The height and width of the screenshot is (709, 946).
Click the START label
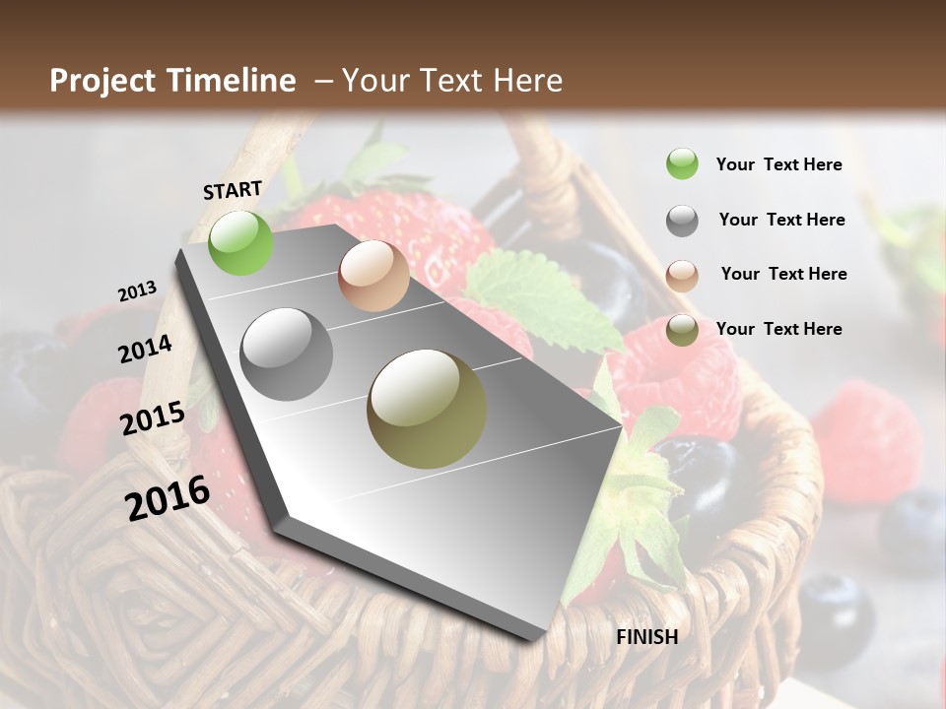click(x=233, y=190)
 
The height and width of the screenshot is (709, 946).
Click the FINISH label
click(x=646, y=637)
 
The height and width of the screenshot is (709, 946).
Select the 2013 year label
click(x=137, y=290)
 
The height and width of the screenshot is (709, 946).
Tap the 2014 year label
click(x=145, y=350)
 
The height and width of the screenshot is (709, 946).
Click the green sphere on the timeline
click(x=240, y=242)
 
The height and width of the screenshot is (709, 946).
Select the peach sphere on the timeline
click(x=373, y=276)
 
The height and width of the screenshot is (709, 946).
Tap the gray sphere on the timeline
click(x=287, y=354)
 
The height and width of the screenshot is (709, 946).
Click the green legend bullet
click(x=682, y=164)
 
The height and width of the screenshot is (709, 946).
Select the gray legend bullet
click(x=682, y=221)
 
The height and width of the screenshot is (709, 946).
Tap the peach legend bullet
click(x=682, y=275)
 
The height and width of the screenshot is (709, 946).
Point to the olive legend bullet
click(x=682, y=330)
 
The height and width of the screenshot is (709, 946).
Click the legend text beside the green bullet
click(x=778, y=164)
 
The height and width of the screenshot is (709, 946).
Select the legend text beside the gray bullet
click(x=781, y=220)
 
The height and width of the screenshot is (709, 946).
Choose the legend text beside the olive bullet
click(x=778, y=329)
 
